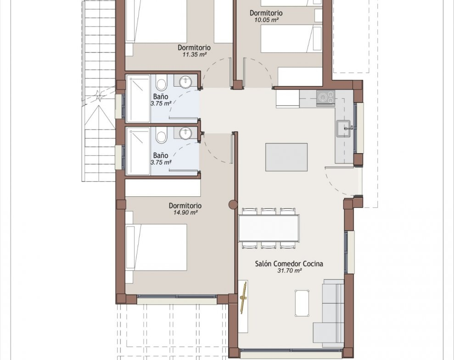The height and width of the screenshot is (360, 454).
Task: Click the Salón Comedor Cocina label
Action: click(289, 263)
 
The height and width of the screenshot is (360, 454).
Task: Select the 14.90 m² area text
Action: click(185, 212)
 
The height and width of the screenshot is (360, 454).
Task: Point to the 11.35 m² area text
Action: click(195, 55)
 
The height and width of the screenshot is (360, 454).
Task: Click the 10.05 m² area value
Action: click(266, 20)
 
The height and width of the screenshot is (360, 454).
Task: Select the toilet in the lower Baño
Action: click(161, 135)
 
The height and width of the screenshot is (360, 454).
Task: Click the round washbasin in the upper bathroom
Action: click(185, 82)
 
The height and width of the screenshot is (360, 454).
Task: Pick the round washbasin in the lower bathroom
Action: click(185, 133)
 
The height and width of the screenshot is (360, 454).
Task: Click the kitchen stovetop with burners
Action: click(326, 97)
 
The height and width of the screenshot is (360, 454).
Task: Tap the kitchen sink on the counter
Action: click(344, 128)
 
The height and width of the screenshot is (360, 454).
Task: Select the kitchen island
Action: click(286, 157)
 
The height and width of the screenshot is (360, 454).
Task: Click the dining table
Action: click(269, 228)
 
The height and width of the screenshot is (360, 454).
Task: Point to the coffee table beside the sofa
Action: click(302, 303)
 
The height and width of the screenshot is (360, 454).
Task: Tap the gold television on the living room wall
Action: click(243, 298)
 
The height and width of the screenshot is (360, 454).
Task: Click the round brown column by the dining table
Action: click(233, 205)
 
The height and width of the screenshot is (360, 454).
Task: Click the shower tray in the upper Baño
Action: click(138, 99)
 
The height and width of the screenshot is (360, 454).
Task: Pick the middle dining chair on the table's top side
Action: click(269, 211)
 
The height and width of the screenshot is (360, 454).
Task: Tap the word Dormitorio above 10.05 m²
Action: click(266, 13)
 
